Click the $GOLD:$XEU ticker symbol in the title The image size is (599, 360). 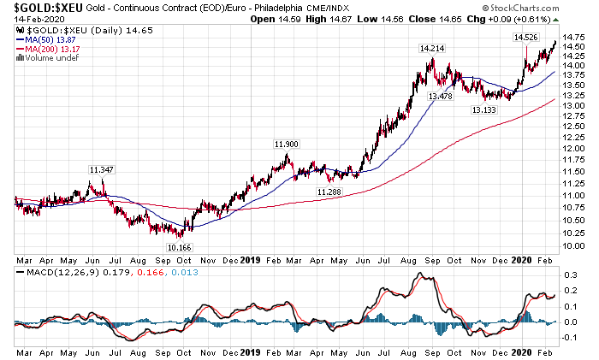(x=43, y=8)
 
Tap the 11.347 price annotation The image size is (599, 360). (x=102, y=170)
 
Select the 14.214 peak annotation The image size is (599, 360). (x=431, y=49)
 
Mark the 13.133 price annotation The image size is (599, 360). (x=483, y=110)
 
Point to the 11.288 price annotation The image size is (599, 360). (x=329, y=192)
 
